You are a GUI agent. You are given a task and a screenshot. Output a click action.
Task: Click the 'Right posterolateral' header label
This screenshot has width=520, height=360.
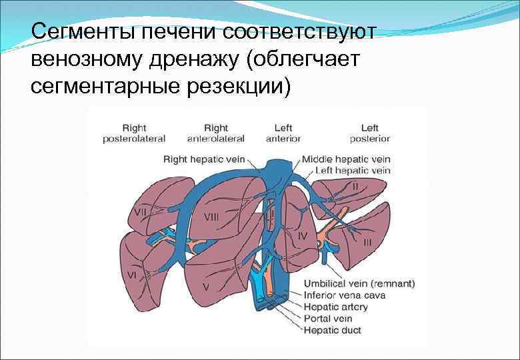(x=134, y=133)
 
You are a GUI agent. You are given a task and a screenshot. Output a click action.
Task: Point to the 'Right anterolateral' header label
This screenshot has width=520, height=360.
(x=216, y=133)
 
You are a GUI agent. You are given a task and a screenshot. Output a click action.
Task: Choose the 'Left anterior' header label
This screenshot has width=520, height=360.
(x=283, y=133)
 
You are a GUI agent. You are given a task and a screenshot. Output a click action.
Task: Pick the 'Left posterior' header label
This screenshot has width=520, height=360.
(x=370, y=133)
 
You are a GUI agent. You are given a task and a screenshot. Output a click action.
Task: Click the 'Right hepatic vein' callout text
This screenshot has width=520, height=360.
(x=204, y=159)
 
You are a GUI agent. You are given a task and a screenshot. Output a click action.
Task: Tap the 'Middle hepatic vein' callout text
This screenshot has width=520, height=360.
(x=345, y=159)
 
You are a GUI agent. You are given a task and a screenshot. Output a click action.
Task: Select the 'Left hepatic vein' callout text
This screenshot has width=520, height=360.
(x=353, y=171)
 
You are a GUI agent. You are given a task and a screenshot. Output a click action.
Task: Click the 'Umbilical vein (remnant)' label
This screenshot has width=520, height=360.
(x=359, y=284)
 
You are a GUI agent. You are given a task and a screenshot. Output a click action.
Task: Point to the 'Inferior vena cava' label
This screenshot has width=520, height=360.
(x=344, y=295)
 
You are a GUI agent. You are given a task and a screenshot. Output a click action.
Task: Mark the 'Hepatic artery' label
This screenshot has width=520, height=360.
(x=335, y=307)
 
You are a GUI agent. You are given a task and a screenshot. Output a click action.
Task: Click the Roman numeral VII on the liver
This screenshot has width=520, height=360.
(x=141, y=212)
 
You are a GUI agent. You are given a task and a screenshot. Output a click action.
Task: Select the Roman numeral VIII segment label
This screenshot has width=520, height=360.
(x=211, y=217)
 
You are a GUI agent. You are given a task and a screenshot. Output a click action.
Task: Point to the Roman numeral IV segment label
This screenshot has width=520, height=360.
(x=302, y=235)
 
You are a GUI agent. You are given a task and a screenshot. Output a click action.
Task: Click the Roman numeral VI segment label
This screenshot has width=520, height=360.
(x=132, y=275)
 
